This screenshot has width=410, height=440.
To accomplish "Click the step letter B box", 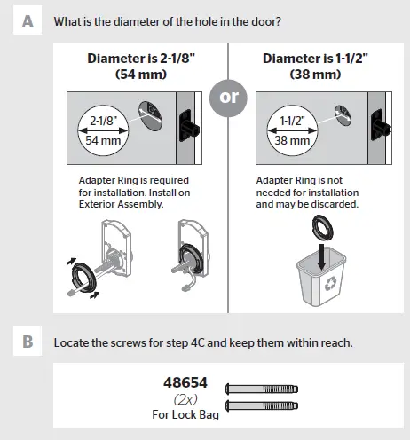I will pyautogui.click(x=28, y=341).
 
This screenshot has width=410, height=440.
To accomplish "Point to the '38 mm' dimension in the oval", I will pyautogui.click(x=292, y=139).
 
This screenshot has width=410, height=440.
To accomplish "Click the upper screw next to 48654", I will pyautogui.click(x=264, y=389).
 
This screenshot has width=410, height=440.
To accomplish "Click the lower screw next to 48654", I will pyautogui.click(x=264, y=406).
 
